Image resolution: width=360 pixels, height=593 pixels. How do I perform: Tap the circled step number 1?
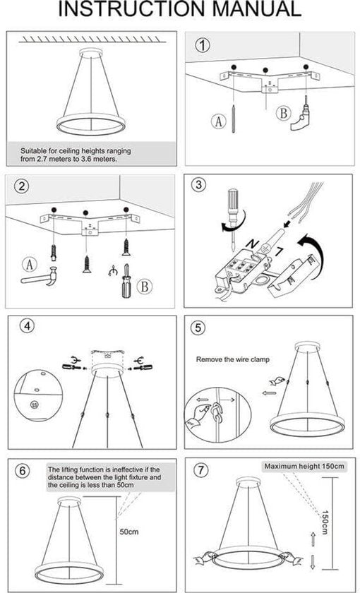point(203,46)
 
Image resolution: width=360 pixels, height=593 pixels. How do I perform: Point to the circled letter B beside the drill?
point(283,114)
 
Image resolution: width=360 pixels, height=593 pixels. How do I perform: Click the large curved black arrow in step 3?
point(313,248)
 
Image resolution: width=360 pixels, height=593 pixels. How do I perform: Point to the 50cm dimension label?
point(129,532)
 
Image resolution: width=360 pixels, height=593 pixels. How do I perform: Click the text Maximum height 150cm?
point(304,467)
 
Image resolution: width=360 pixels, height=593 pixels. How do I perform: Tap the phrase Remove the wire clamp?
point(232,359)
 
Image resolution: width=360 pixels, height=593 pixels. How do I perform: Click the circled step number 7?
point(201,471)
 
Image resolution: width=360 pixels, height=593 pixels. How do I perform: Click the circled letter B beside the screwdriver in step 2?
point(144,287)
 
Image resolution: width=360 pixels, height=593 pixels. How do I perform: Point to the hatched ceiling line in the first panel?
point(92,39)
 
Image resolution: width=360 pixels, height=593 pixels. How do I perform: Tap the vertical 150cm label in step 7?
point(325,522)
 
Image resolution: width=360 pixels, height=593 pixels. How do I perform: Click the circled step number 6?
point(23,471)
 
